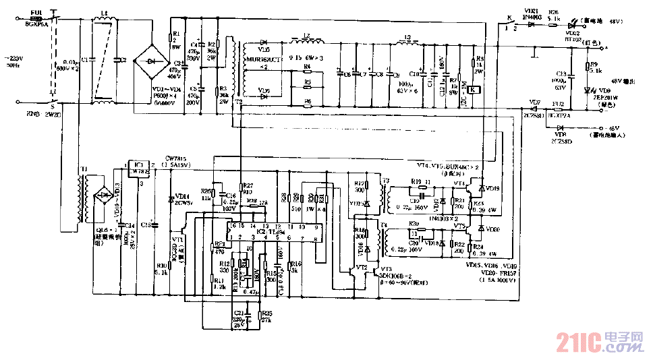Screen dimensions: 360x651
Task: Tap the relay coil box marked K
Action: [474, 90]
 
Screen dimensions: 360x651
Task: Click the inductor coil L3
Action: [407, 44]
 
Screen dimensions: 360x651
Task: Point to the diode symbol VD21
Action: [531, 25]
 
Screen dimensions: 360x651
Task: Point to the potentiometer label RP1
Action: [219, 244]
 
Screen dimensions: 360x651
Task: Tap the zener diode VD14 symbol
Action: [171, 198]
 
